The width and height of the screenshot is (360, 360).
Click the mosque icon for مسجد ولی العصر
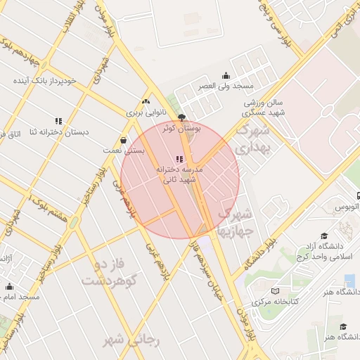(225, 76)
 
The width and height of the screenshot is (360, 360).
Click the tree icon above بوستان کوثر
(182, 117)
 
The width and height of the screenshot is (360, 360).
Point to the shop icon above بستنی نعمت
(124, 139)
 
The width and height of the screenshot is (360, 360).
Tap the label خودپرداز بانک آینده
(48, 81)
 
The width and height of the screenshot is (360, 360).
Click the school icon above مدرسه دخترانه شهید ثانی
(179, 159)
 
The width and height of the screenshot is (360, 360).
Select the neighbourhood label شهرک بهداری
(252, 139)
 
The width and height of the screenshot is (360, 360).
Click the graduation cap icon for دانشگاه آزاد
(324, 236)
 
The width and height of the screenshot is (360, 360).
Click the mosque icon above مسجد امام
(9, 286)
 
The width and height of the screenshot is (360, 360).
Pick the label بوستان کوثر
(182, 129)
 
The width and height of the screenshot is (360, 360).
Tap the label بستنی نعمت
(124, 150)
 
